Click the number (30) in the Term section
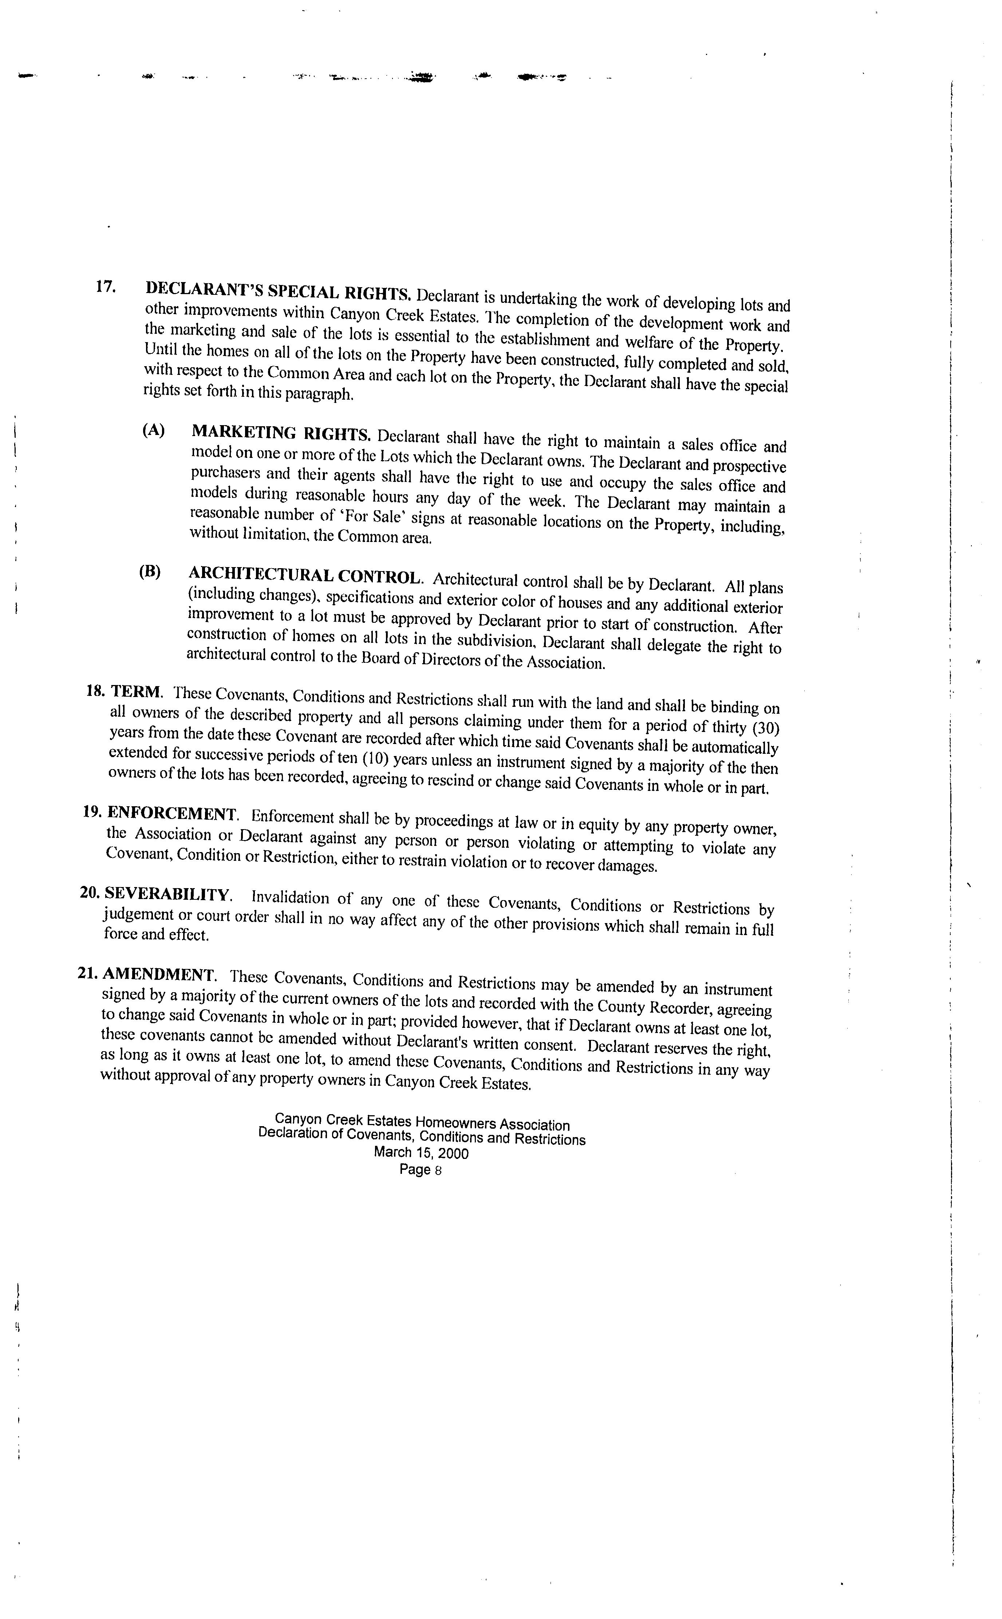[768, 728]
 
